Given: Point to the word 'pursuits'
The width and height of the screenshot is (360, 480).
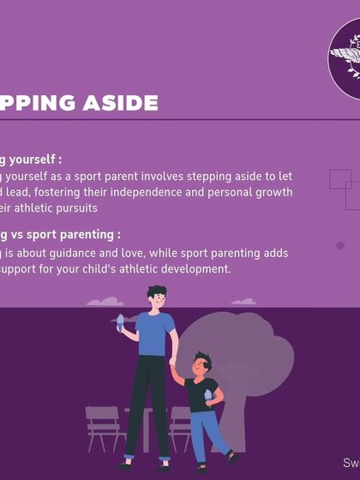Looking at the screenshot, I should point(72,207).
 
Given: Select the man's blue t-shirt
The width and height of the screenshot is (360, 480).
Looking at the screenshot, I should point(156,333).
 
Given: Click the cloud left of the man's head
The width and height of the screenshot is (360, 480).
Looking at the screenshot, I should point(105,302).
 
